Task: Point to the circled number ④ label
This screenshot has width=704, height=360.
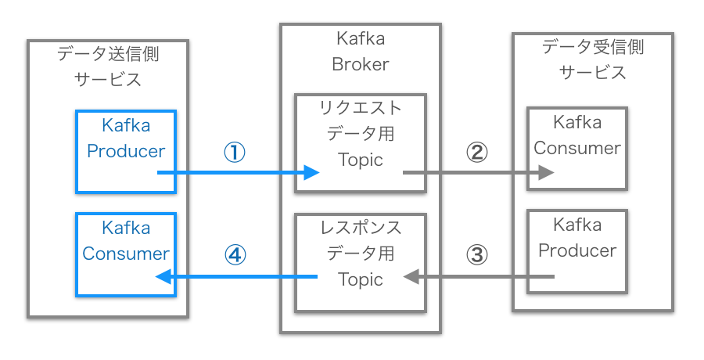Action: coord(235,255)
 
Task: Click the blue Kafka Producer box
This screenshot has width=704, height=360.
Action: coord(125,151)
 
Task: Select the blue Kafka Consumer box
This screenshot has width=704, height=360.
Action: coord(125,254)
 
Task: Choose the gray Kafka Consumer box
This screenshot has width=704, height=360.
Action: coord(576,149)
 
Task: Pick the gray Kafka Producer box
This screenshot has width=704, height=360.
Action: coord(576,250)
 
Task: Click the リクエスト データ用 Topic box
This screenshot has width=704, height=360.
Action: coord(360,143)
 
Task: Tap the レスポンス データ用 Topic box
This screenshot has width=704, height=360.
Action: coord(360,262)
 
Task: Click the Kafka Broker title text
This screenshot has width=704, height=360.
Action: coord(360,51)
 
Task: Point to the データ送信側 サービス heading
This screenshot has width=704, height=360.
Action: coord(108,66)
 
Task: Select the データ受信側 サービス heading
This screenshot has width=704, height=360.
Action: coord(592,59)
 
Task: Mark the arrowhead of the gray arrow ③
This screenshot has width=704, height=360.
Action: coord(410,276)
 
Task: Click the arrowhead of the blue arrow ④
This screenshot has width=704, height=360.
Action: coord(163,276)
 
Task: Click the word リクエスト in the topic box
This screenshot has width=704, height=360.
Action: coord(360,107)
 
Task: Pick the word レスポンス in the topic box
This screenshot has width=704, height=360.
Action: coord(360,228)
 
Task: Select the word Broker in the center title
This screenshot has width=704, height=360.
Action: coord(360,64)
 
